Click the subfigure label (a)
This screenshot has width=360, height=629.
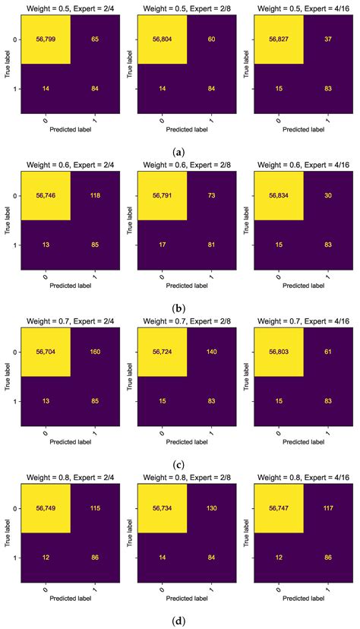click(179, 151)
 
